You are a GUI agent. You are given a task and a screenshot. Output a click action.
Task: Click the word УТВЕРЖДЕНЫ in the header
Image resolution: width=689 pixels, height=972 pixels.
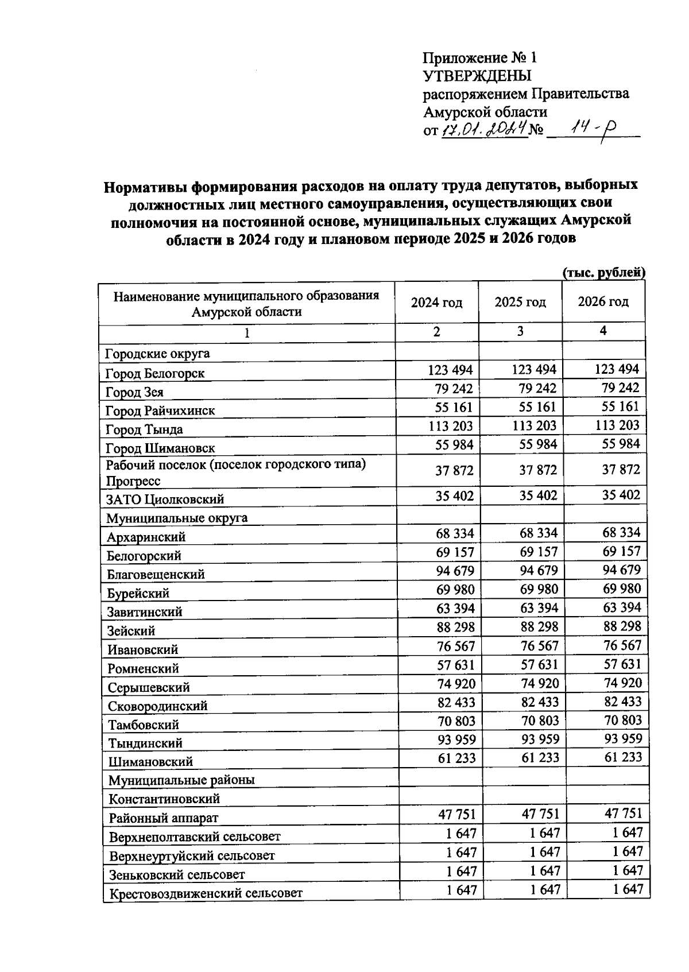pyautogui.click(x=477, y=76)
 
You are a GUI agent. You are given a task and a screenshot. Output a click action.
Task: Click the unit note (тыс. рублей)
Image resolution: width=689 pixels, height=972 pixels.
pyautogui.click(x=604, y=273)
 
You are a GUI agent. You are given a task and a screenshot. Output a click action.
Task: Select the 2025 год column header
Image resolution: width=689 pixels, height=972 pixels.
pyautogui.click(x=520, y=302)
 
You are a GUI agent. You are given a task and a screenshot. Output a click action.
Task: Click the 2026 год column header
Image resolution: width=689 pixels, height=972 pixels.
pyautogui.click(x=603, y=301)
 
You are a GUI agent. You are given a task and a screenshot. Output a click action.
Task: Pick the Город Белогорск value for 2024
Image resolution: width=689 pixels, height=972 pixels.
pyautogui.click(x=450, y=370)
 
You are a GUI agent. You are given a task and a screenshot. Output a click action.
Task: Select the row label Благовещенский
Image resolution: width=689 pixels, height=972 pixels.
pyautogui.click(x=156, y=574)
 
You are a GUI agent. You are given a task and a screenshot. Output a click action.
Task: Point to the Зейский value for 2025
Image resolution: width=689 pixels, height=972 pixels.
pyautogui.click(x=539, y=627)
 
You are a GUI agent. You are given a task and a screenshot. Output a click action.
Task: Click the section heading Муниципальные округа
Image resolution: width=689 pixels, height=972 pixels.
pyautogui.click(x=177, y=518)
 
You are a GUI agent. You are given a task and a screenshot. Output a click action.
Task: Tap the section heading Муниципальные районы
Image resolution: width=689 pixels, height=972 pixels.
pyautogui.click(x=181, y=780)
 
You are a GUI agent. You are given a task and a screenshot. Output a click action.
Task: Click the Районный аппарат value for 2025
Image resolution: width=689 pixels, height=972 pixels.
pyautogui.click(x=540, y=814)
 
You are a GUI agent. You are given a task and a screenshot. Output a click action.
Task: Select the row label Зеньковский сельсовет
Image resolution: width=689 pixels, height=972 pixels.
pyautogui.click(x=177, y=875)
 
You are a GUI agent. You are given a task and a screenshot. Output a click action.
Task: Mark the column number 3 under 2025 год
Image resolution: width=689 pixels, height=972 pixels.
pyautogui.click(x=520, y=331)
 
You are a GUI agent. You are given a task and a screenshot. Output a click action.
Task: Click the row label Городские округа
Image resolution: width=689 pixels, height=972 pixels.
pyautogui.click(x=157, y=354)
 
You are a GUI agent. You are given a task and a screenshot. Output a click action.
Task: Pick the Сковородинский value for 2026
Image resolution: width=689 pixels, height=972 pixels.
pyautogui.click(x=623, y=702)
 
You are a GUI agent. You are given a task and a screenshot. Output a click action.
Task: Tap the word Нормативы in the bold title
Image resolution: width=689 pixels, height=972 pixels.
pyautogui.click(x=145, y=187)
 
